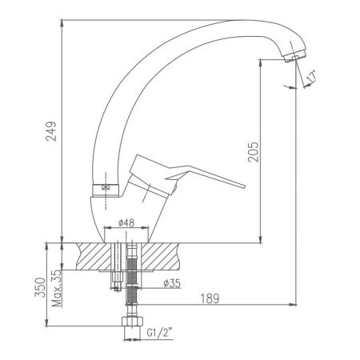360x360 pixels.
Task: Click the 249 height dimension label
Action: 51,131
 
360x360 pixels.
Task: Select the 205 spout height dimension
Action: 254,152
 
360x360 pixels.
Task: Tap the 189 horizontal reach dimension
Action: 210,298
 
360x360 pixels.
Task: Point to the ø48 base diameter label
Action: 126,222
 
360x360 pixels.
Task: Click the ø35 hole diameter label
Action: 172,283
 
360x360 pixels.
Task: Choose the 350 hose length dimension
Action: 41,288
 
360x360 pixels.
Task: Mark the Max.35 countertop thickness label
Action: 57,288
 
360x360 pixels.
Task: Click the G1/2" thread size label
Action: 159,333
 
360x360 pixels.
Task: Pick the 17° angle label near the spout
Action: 311,76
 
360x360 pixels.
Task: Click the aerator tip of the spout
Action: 295,57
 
